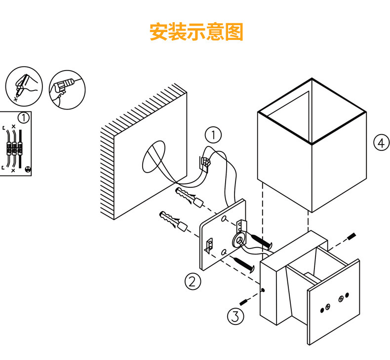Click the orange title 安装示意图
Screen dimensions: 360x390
[x=196, y=32]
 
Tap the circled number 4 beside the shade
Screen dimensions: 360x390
[x=379, y=143]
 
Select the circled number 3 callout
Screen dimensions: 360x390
[x=236, y=316]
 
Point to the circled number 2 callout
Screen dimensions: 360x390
[x=193, y=281]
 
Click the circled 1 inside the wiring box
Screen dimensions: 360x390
[x=23, y=118]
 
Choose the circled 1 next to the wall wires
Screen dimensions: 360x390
[x=213, y=134]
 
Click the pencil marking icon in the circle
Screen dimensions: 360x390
[x=23, y=85]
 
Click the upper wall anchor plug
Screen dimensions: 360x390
[x=189, y=198]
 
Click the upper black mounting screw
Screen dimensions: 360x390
[x=260, y=242]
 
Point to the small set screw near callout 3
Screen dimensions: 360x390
[x=244, y=301]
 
